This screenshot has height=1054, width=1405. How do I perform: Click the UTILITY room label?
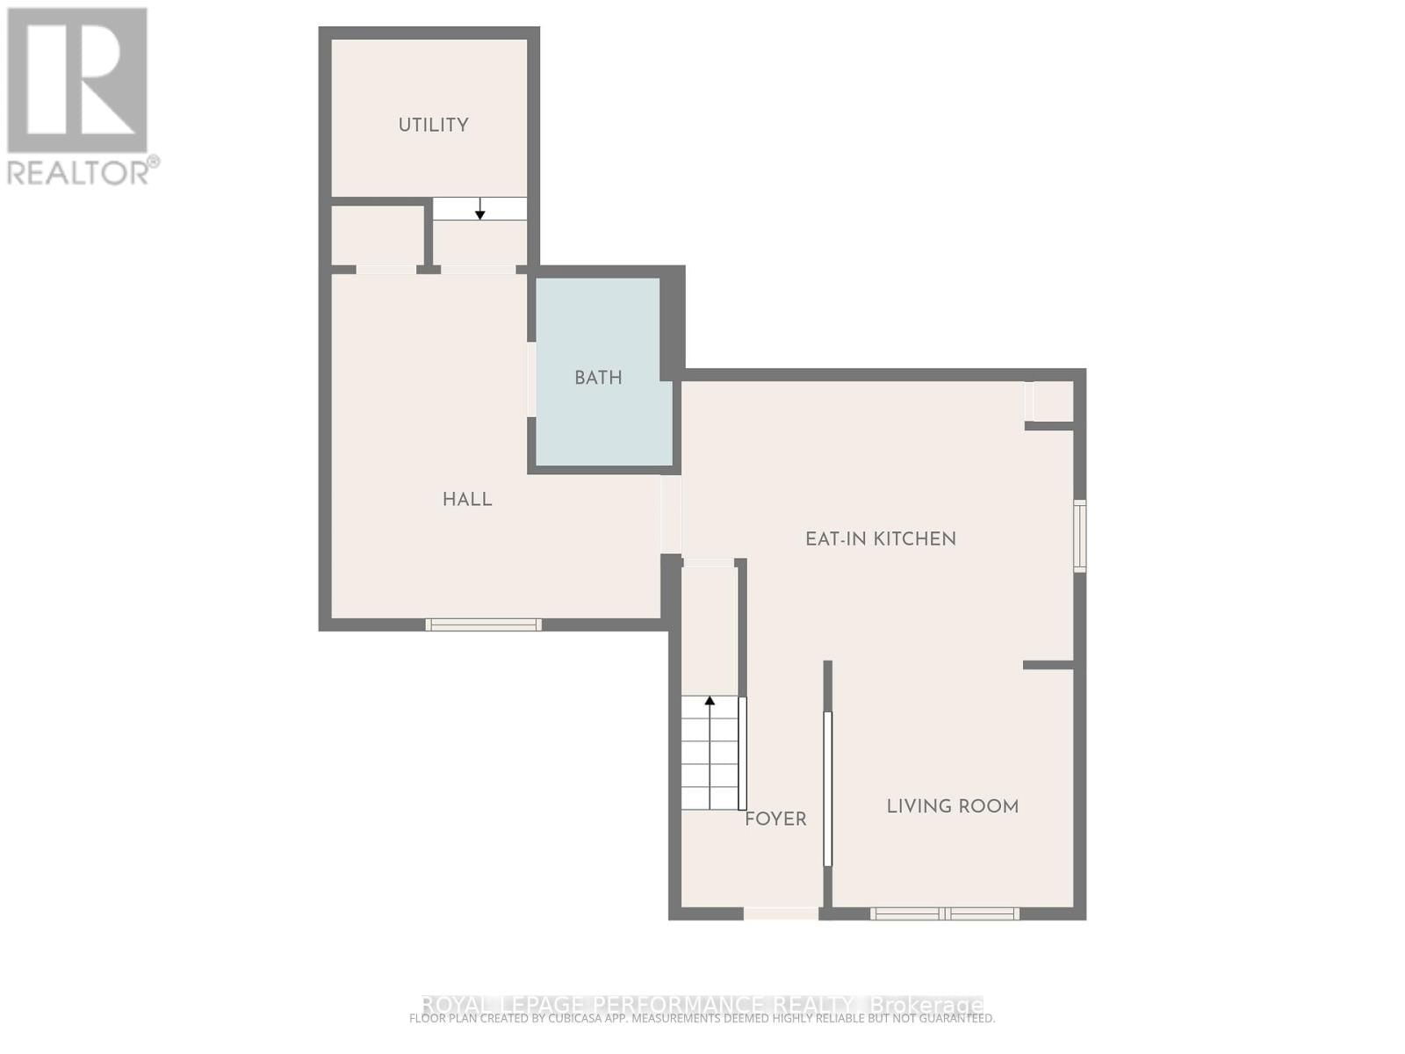pyautogui.click(x=433, y=125)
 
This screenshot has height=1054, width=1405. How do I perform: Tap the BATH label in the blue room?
pyautogui.click(x=598, y=378)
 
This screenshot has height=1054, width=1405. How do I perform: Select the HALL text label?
pyautogui.click(x=467, y=500)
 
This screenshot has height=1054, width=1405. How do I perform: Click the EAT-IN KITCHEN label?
pyautogui.click(x=881, y=539)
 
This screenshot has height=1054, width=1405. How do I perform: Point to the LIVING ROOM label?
pyautogui.click(x=952, y=806)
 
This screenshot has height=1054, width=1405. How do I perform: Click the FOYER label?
pyautogui.click(x=775, y=819)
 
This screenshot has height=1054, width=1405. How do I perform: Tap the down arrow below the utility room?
pyautogui.click(x=480, y=209)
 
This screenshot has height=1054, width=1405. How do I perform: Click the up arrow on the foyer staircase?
pyautogui.click(x=710, y=702)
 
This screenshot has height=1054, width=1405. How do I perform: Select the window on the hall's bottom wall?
pyautogui.click(x=483, y=624)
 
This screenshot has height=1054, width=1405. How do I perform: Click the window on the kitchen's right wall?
pyautogui.click(x=1080, y=536)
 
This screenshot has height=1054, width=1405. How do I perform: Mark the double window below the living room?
pyautogui.click(x=945, y=913)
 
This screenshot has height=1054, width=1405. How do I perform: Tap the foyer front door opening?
pyautogui.click(x=781, y=913)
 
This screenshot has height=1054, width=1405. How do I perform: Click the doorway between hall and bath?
pyautogui.click(x=531, y=379)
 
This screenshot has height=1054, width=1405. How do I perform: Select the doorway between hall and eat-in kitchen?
pyautogui.click(x=671, y=514)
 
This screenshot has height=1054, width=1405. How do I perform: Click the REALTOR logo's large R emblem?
pyautogui.click(x=77, y=81)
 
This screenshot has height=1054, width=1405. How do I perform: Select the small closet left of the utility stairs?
pyautogui.click(x=376, y=235)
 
